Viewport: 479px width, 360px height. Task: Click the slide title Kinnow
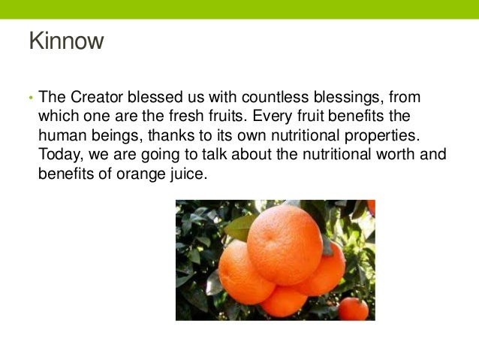(x=65, y=41)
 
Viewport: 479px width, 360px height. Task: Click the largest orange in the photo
(x=286, y=245)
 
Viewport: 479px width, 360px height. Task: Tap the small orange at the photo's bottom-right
(x=353, y=308)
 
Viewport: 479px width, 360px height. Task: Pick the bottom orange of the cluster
(x=283, y=301)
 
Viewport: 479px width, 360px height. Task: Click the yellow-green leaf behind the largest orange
(x=238, y=226)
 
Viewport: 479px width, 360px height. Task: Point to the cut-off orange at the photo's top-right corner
(x=371, y=207)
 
